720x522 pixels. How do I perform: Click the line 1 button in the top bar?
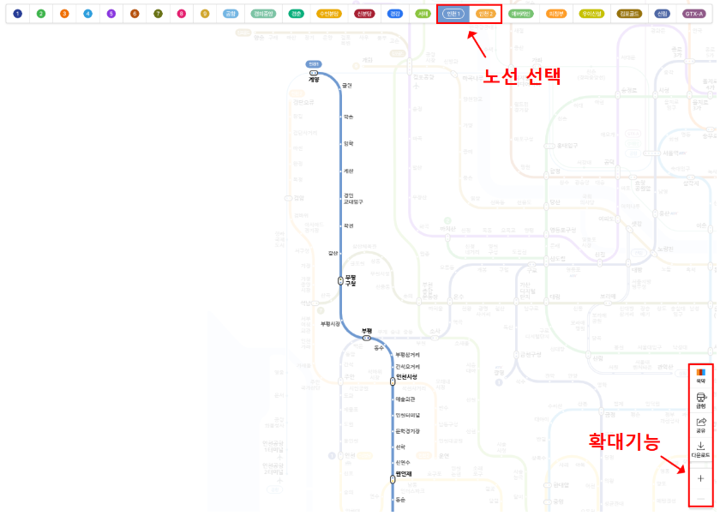click(18, 14)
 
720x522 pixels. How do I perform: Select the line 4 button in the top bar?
click(88, 14)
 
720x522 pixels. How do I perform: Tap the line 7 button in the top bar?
click(158, 14)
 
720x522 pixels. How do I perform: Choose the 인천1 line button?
click(454, 14)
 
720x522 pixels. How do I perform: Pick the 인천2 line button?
click(485, 14)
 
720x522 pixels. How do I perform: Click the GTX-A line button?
click(694, 14)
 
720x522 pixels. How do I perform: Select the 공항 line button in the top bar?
click(231, 14)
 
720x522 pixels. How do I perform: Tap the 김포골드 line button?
click(630, 14)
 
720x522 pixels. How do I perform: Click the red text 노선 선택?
click(521, 75)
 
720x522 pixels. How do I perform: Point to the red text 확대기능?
click(623, 442)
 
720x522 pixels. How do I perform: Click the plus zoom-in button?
click(700, 478)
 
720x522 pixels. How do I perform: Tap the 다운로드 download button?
click(700, 450)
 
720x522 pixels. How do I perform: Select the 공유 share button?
click(700, 425)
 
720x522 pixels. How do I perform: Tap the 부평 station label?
click(367, 330)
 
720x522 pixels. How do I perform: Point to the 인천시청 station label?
click(406, 377)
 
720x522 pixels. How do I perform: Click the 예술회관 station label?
click(405, 399)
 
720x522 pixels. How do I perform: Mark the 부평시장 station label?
click(330, 323)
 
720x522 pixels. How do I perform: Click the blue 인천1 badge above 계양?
click(314, 64)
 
